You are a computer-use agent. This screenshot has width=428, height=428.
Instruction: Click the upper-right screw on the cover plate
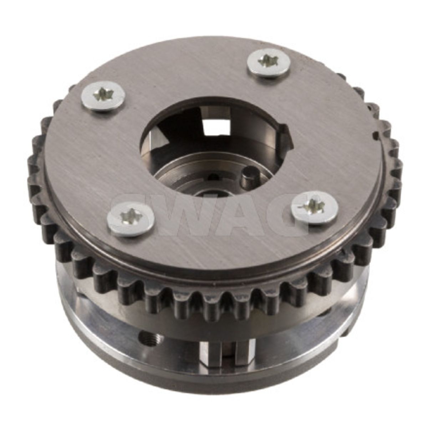pyautogui.click(x=269, y=63)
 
